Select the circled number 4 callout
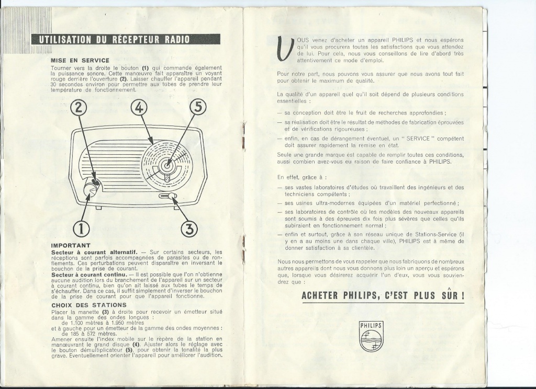pyautogui.click(x=139, y=107)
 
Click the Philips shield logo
pyautogui.click(x=371, y=337)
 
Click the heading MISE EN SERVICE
pyautogui.click(x=80, y=60)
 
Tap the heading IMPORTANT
pyautogui.click(x=71, y=245)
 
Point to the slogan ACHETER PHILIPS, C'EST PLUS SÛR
pyautogui.click(x=383, y=295)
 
